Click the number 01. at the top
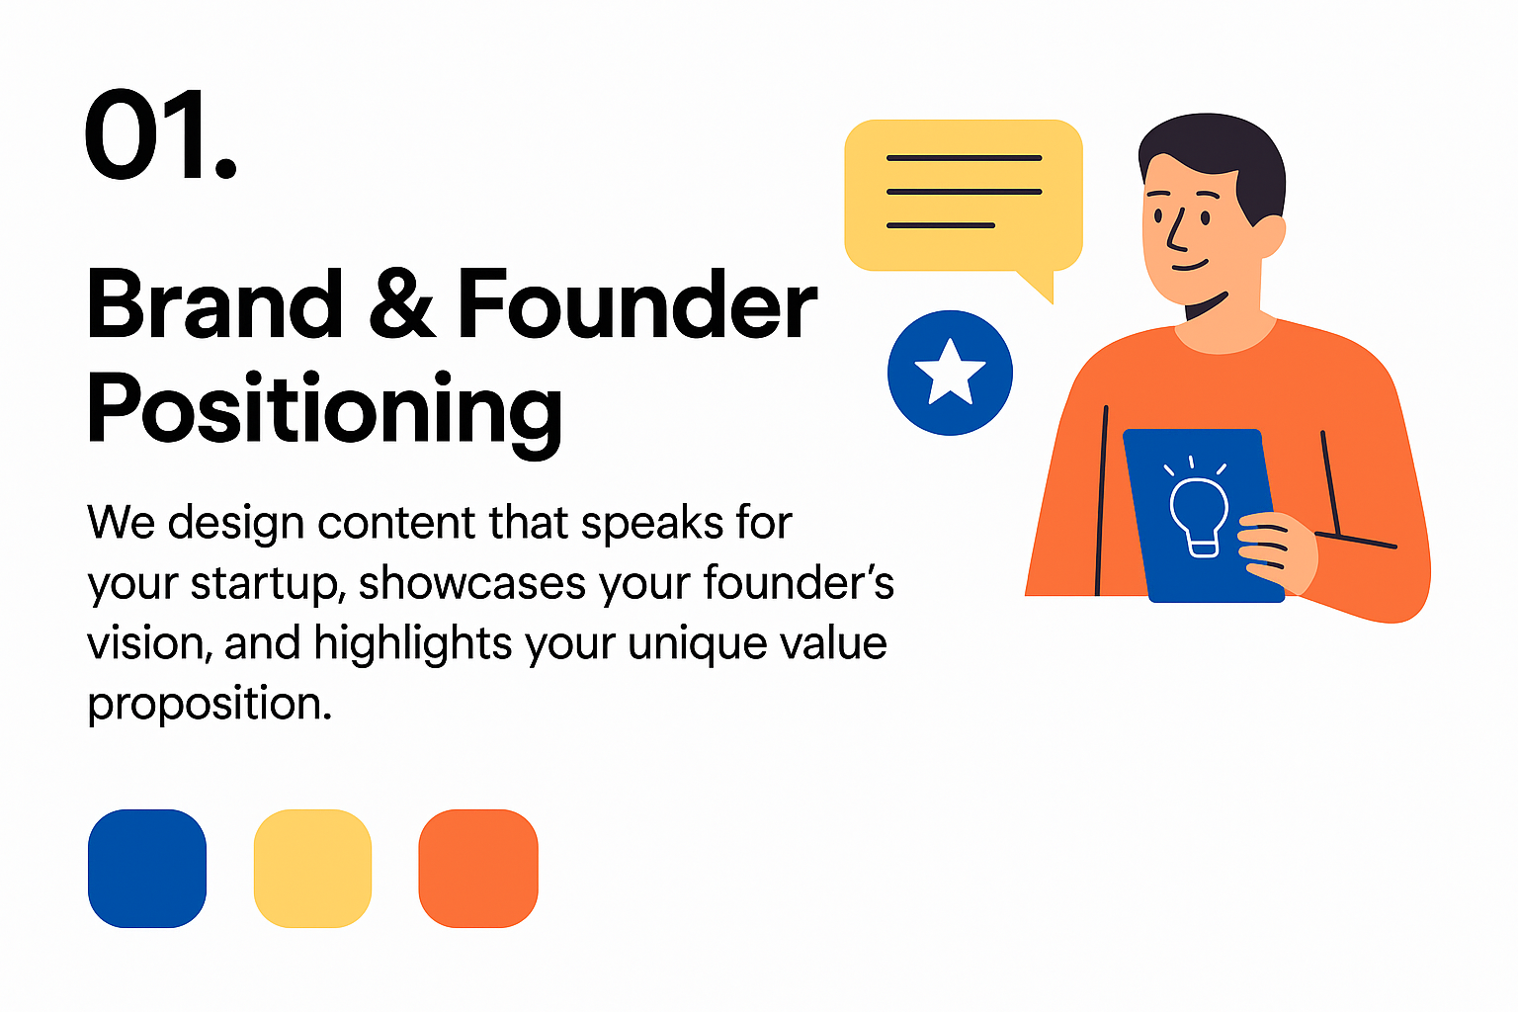(x=161, y=133)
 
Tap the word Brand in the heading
(x=214, y=303)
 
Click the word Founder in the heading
(x=637, y=303)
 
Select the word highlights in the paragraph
(x=413, y=642)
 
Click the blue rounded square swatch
(x=147, y=869)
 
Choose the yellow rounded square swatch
(x=312, y=869)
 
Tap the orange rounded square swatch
(x=478, y=869)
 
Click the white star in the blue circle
(x=950, y=374)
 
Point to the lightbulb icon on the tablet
(x=1198, y=507)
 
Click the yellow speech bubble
(x=963, y=197)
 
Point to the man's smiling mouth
(x=1190, y=265)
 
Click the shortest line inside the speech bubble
(x=941, y=225)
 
